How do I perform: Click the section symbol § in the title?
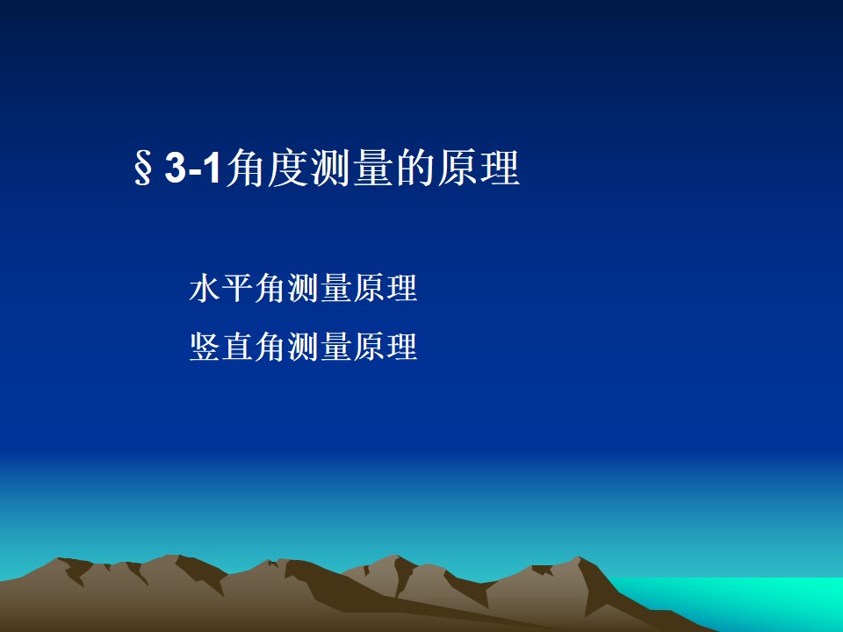[x=143, y=169]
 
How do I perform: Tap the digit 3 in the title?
[x=176, y=169]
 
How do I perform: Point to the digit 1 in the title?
[x=213, y=169]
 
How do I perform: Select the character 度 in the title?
[x=289, y=169]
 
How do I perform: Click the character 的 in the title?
[x=416, y=169]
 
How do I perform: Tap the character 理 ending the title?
[x=501, y=169]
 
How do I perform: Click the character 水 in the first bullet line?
[x=205, y=288]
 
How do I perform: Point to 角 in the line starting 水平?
[x=270, y=288]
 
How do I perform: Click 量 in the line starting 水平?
[x=336, y=288]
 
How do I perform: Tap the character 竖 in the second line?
[x=205, y=346]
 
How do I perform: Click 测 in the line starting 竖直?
[x=303, y=346]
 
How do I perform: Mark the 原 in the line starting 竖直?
[x=369, y=346]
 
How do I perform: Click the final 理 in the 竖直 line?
[x=401, y=346]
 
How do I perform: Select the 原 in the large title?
[x=458, y=169]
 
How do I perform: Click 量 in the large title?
[x=374, y=169]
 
